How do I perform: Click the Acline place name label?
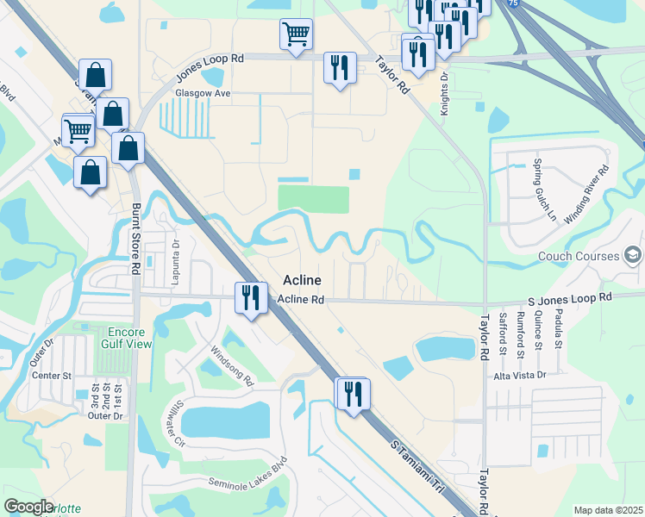(302, 281)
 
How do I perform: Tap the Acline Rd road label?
(301, 300)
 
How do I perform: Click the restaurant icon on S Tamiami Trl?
(352, 394)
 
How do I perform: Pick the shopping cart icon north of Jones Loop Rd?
(296, 34)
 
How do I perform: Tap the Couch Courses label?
(579, 256)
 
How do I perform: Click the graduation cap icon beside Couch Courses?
(633, 256)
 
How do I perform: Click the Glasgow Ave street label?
(199, 92)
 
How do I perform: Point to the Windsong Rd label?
(233, 365)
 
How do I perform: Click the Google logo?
(28, 506)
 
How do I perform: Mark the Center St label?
(51, 376)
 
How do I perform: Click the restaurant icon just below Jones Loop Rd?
(336, 68)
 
